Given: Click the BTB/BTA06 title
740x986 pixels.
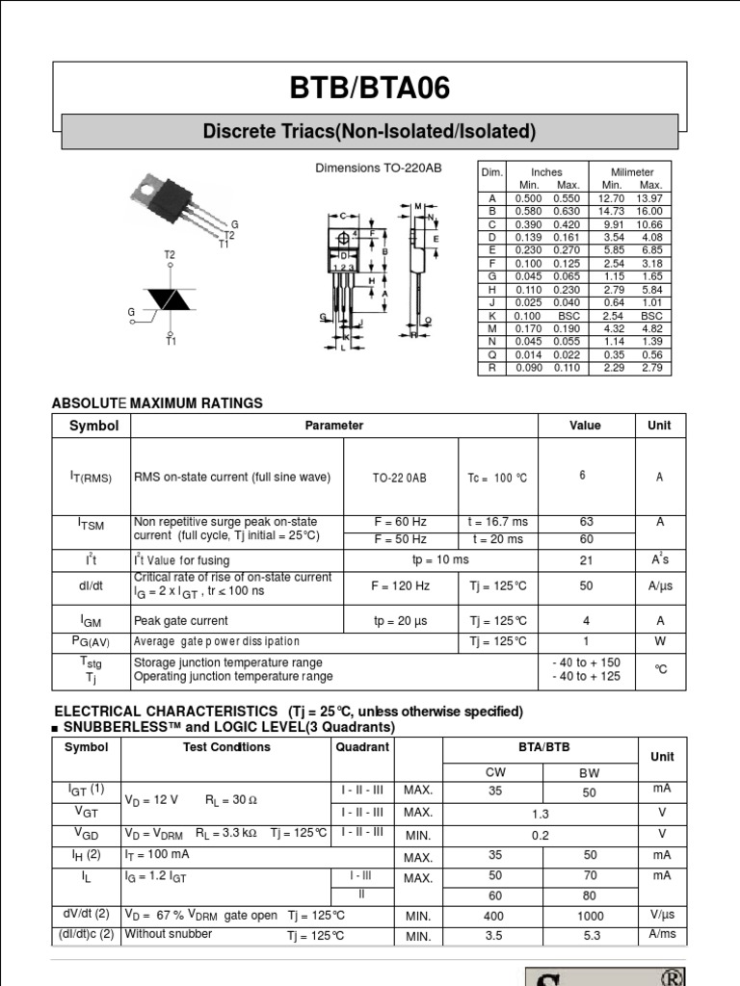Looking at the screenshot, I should (x=369, y=89).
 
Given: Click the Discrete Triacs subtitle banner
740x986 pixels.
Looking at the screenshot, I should (x=369, y=131).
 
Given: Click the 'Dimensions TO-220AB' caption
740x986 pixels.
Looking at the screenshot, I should (x=379, y=168).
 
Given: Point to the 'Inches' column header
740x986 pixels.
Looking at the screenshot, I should (x=545, y=171).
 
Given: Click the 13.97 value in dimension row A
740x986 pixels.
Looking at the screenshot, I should (x=650, y=197).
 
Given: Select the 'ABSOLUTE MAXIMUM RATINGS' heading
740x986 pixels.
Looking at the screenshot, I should (x=157, y=403).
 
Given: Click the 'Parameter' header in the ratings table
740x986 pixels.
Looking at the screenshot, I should (x=334, y=426).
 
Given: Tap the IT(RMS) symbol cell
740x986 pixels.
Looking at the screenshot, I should (x=91, y=478).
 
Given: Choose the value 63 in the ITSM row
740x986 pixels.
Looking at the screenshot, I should (x=586, y=522).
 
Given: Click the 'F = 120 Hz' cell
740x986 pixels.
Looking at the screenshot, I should (x=400, y=585).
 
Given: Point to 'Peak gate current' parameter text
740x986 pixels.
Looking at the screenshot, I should (x=181, y=621).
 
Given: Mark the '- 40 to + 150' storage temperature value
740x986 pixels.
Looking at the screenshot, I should (x=586, y=662).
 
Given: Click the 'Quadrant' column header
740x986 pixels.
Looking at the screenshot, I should (x=362, y=747).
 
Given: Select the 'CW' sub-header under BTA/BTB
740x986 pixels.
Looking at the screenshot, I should (x=492, y=772).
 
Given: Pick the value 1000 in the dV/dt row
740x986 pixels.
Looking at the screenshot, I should (x=590, y=917).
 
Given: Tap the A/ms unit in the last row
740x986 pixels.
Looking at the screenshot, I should (x=661, y=934).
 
